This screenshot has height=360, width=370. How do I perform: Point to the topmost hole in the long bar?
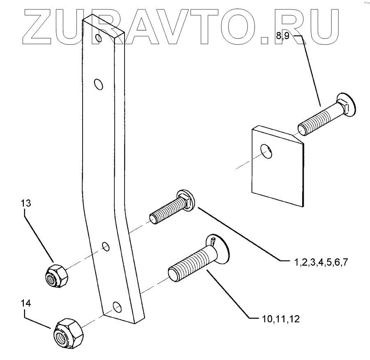[x=97, y=38]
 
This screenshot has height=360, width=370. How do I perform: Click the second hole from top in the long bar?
[x=98, y=85]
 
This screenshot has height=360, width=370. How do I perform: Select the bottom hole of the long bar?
[x=117, y=307]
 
